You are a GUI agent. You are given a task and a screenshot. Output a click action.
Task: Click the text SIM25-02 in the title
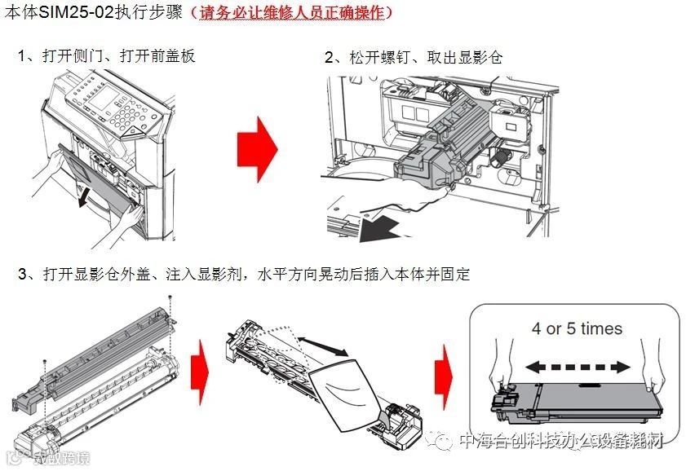74,13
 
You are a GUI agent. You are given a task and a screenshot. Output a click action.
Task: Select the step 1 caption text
106,56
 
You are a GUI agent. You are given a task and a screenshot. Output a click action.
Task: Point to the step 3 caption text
244,274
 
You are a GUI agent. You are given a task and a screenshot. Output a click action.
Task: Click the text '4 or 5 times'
577,329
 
